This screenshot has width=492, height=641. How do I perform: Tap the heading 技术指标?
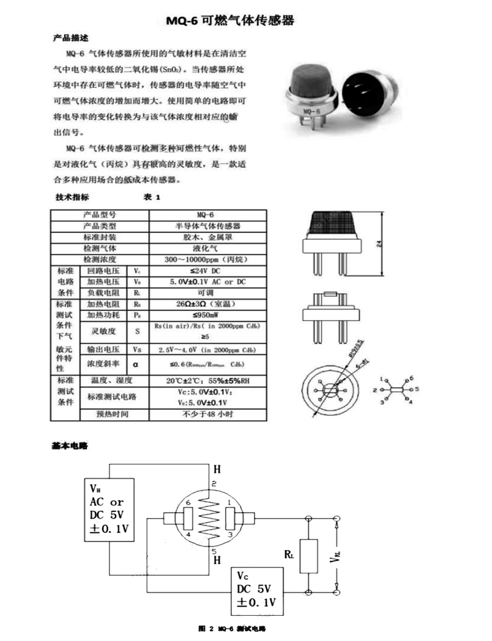point(72,197)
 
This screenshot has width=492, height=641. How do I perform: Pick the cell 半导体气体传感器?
point(207,226)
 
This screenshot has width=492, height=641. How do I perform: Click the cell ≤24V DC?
point(207,271)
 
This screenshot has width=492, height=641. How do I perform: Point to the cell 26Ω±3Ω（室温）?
point(207,304)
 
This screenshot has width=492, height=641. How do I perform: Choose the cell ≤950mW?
point(207,315)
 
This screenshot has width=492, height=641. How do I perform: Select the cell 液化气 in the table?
point(207,248)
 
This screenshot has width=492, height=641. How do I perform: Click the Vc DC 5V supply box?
point(256,591)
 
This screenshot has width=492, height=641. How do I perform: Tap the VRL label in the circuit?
point(336,557)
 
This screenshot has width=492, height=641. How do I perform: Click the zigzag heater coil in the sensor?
point(210,514)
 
